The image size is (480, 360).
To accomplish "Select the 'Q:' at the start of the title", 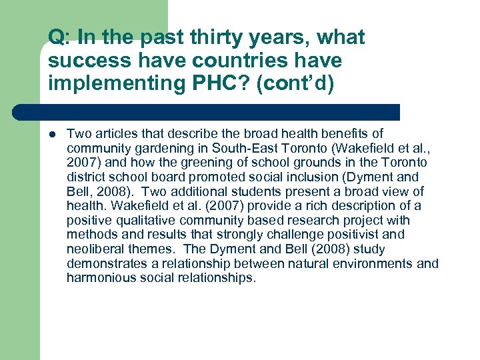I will [59, 38].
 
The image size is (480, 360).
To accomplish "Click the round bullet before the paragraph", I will [52, 134].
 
